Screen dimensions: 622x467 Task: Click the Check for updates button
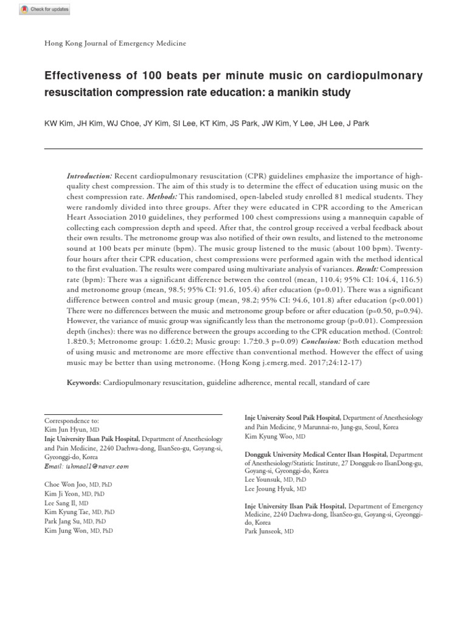click(x=44, y=9)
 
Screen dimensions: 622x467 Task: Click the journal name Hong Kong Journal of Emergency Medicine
click(x=116, y=43)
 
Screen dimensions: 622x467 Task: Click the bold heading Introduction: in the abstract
click(x=89, y=175)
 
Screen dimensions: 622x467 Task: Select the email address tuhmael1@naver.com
click(x=86, y=466)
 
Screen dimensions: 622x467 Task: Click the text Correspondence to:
click(x=71, y=420)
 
